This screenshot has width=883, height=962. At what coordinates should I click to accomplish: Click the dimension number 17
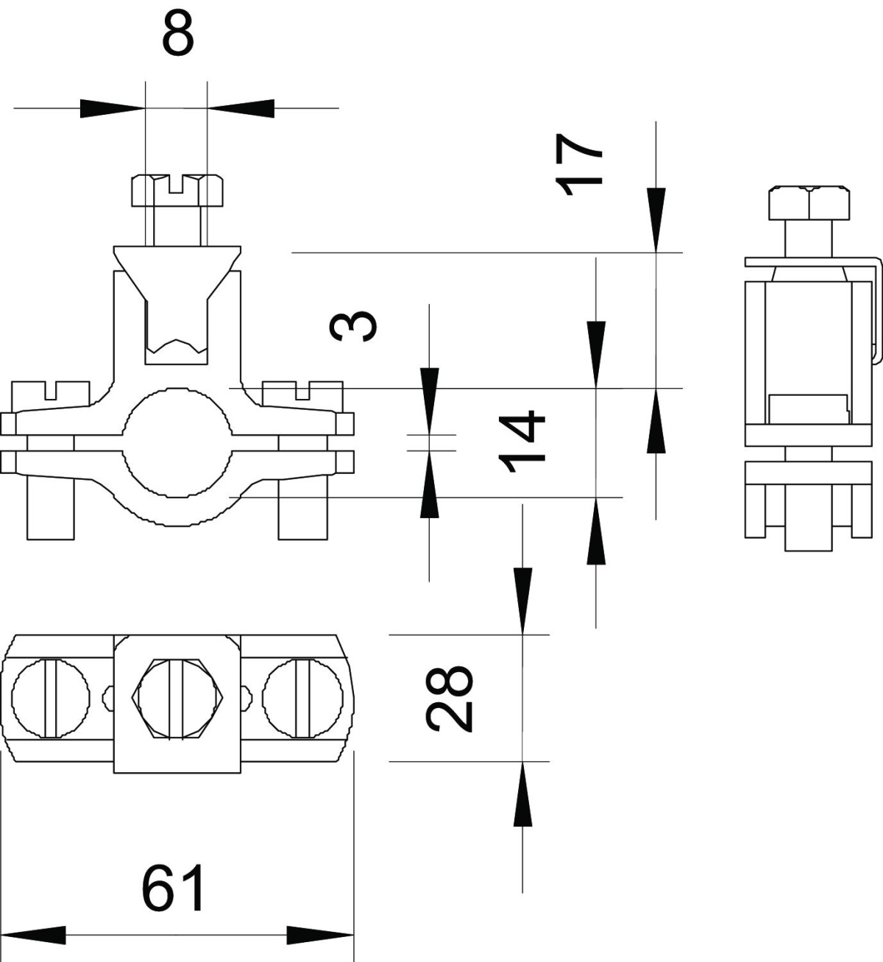(x=581, y=164)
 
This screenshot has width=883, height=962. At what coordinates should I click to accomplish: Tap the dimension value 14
(x=522, y=436)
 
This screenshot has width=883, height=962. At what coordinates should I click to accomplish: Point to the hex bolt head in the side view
(x=809, y=202)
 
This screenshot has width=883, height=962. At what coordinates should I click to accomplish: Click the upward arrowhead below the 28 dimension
(x=523, y=795)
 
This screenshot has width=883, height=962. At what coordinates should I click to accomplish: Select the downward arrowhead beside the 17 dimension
(x=656, y=219)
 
